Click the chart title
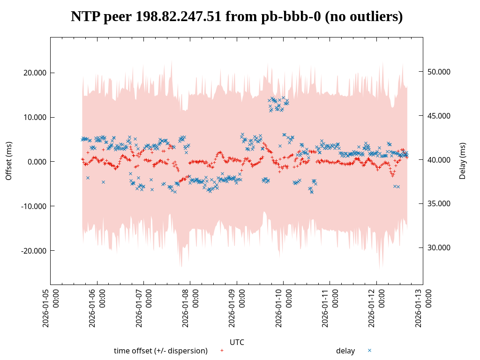237,17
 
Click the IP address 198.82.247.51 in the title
178,17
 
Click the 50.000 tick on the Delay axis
439,72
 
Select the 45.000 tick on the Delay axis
439,116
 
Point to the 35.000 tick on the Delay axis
439,203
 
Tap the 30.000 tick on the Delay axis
439,247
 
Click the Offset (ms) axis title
9,161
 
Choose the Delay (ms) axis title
463,161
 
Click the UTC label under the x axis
237,342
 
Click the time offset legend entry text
161,351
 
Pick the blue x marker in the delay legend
369,350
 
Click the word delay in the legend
345,351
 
